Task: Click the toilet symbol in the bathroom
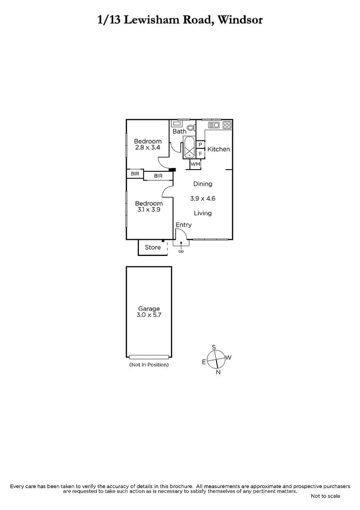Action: pos(191,127)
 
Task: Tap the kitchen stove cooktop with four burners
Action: pos(226,125)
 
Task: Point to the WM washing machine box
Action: pos(195,164)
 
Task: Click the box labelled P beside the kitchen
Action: pos(200,144)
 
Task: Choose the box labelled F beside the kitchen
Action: pos(200,153)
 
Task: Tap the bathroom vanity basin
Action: pos(179,124)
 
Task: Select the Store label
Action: pos(153,247)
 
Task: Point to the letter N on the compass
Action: pos(218,372)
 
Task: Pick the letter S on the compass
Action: pos(214,348)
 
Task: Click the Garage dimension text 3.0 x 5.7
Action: pos(149,315)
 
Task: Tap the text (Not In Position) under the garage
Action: pos(149,365)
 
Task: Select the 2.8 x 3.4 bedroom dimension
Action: pos(148,147)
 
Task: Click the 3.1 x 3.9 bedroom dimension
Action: pos(149,210)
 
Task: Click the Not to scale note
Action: pos(325,496)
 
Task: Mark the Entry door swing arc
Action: pos(185,234)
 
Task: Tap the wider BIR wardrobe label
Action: pos(158,176)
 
